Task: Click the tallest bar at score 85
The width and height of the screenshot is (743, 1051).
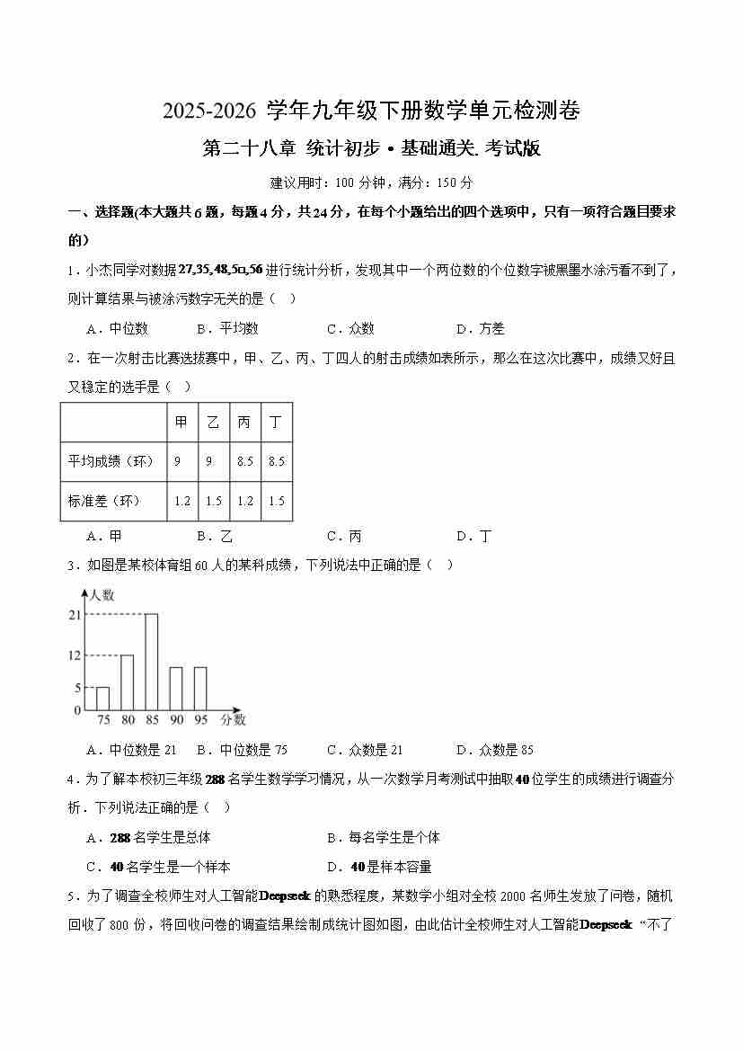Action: pyautogui.click(x=152, y=662)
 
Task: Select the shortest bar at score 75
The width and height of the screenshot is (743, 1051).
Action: pyautogui.click(x=103, y=699)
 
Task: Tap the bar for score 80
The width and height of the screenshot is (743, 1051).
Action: pyautogui.click(x=128, y=682)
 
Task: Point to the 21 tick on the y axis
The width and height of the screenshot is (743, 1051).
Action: pyautogui.click(x=75, y=615)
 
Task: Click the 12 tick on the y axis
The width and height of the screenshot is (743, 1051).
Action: pyautogui.click(x=75, y=655)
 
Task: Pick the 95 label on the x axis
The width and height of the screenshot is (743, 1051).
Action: pyautogui.click(x=201, y=720)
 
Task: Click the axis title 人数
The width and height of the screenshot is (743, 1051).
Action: pyautogui.click(x=102, y=595)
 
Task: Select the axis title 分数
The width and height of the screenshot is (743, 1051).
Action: pyautogui.click(x=233, y=720)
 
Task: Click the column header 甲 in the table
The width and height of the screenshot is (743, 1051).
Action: pyautogui.click(x=182, y=423)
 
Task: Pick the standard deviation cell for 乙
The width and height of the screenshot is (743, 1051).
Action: pyautogui.click(x=214, y=501)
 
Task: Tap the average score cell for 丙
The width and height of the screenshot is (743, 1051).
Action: pyautogui.click(x=244, y=461)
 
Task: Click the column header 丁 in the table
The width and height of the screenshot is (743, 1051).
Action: pyautogui.click(x=276, y=423)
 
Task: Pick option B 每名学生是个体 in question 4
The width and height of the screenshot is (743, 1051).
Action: pyautogui.click(x=384, y=838)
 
